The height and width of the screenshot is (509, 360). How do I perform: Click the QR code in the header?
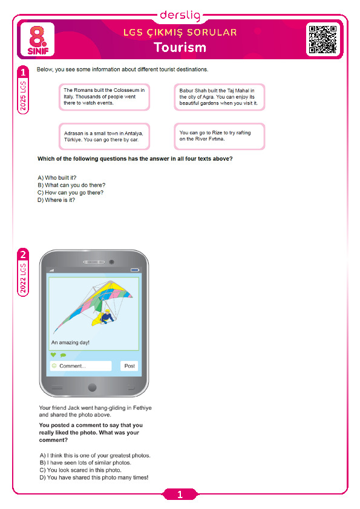pos(322,39)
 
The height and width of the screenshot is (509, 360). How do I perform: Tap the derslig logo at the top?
pos(180,15)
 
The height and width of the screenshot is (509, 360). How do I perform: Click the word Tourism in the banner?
pos(180,47)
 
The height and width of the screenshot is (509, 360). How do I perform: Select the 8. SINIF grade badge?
pos(38,40)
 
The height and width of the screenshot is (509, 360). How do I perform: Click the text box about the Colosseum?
pos(104,97)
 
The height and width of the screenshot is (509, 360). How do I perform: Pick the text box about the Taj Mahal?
pos(219,97)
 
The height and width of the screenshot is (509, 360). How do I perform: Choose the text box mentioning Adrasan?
pos(104,137)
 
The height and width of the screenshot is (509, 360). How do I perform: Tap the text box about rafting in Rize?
pos(219,137)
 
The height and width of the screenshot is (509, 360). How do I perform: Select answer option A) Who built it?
pos(57,178)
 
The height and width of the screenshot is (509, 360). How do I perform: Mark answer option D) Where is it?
pos(56,200)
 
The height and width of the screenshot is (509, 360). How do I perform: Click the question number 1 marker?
pos(23,72)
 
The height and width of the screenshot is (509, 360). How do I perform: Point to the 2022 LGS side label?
pos(23,278)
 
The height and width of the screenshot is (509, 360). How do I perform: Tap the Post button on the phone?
pos(129,366)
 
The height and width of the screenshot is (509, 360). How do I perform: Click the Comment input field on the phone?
pos(80,366)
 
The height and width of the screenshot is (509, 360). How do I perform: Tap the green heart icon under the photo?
pos(53,355)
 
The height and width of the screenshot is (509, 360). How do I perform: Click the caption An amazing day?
pos(70,343)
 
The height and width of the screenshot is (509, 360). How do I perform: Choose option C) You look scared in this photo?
pos(80,470)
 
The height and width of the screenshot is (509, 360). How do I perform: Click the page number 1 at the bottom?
pos(180,494)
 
